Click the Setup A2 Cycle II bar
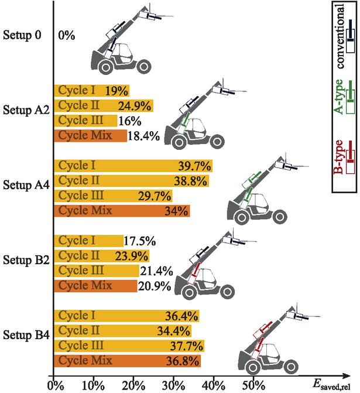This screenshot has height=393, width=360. [103, 106]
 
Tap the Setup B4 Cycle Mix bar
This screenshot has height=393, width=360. [127, 360]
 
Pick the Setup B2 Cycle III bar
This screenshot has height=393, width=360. [97, 271]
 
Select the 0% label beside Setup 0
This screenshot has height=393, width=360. [67, 36]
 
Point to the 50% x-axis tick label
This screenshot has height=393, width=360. [252, 386]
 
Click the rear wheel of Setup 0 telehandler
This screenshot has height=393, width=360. [106, 66]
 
